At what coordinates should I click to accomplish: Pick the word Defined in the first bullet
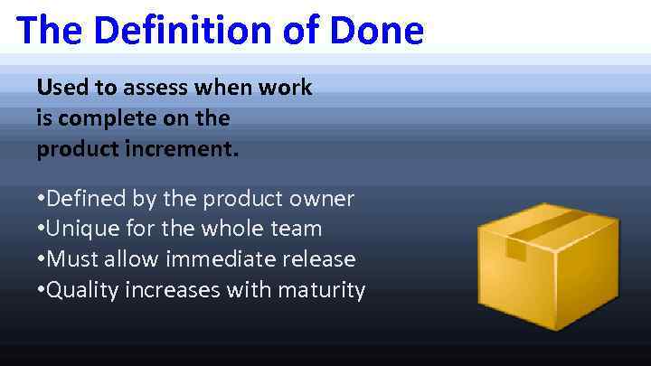pos(88,198)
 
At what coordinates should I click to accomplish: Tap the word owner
pos(321,198)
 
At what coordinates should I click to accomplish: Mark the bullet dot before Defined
pos(41,199)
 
